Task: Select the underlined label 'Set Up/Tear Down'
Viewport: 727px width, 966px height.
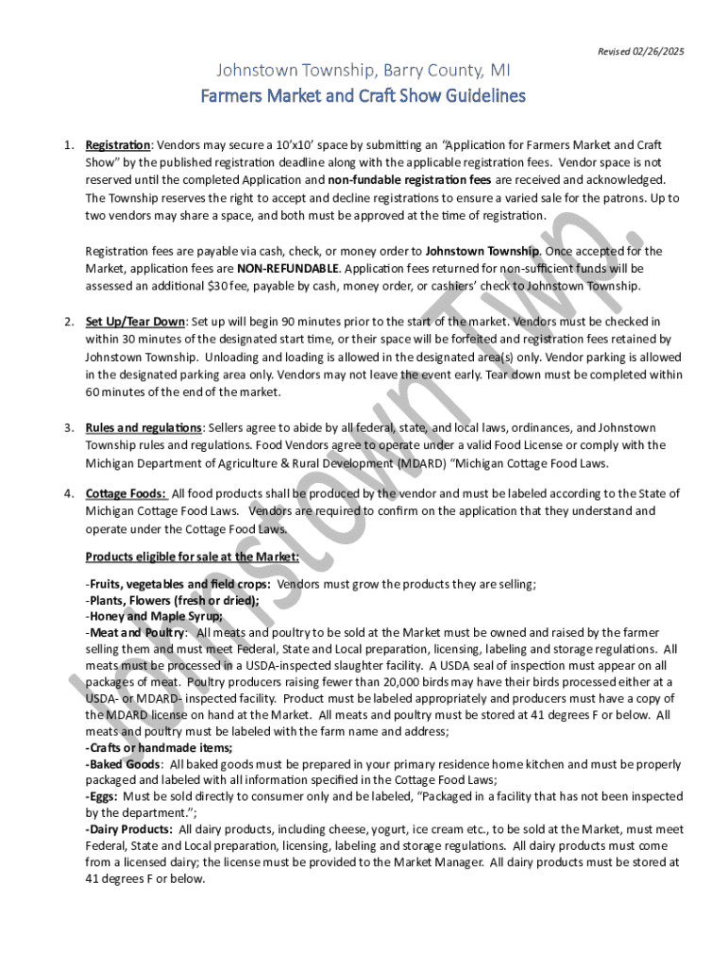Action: tap(135, 322)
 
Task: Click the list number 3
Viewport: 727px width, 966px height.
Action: tap(69, 427)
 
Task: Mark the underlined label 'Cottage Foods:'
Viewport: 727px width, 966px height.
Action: tap(127, 493)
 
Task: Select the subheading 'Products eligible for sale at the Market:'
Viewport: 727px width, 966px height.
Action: tap(193, 557)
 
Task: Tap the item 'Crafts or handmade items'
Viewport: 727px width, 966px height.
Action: tap(161, 747)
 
